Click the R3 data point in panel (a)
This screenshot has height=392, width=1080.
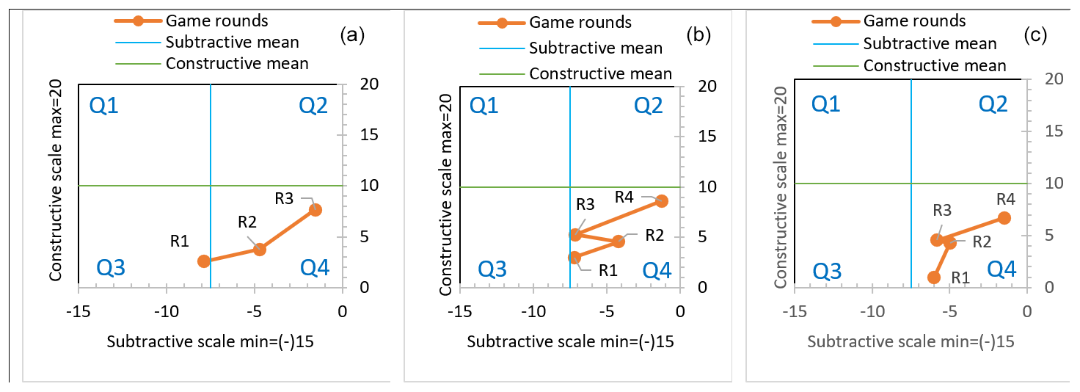pyautogui.click(x=315, y=209)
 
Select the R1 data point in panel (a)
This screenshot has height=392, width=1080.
pyautogui.click(x=204, y=261)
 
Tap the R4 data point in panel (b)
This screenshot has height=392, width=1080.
pyautogui.click(x=661, y=201)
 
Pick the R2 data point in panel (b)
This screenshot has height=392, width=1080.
pyautogui.click(x=619, y=242)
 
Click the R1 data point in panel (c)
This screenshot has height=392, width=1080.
pyautogui.click(x=933, y=277)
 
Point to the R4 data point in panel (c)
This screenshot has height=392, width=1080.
pyautogui.click(x=1004, y=218)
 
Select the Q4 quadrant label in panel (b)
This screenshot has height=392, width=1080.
pyautogui.click(x=657, y=271)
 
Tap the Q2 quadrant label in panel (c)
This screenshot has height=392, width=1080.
pyautogui.click(x=1003, y=105)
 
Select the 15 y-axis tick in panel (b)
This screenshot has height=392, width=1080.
pyautogui.click(x=707, y=136)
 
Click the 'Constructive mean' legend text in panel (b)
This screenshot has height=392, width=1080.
pyautogui.click(x=600, y=73)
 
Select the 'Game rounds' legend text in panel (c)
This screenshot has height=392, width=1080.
pyautogui.click(x=914, y=21)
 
